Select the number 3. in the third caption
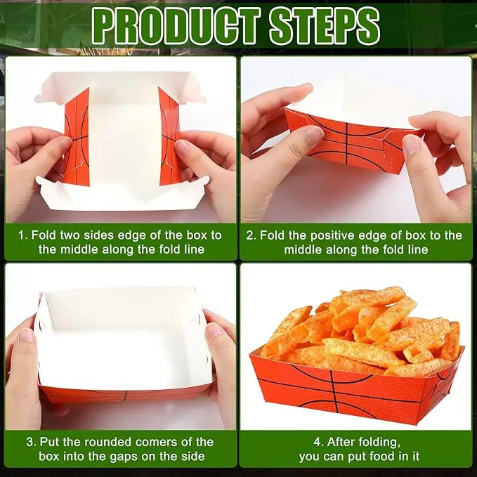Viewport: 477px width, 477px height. pos(32,442)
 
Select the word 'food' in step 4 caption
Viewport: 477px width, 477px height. pos(377,457)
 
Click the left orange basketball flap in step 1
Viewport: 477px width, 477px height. pos(77,138)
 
